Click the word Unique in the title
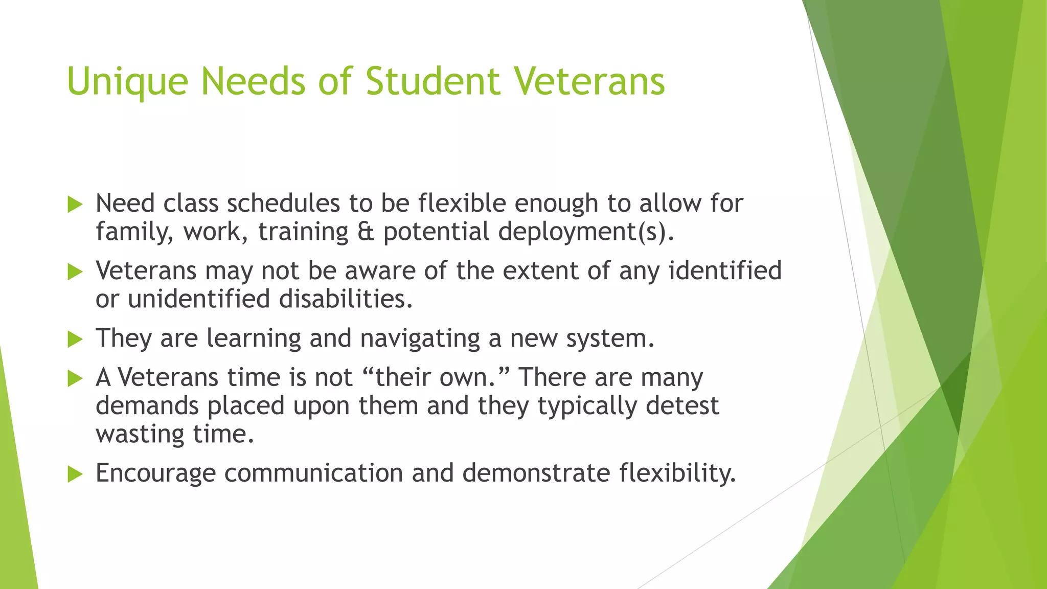[127, 82]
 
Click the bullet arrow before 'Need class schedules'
[75, 205]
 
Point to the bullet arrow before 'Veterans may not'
[75, 272]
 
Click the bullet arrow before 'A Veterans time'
[75, 379]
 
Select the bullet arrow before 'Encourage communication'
[75, 474]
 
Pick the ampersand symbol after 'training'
[366, 232]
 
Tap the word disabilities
[346, 299]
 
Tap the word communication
[313, 473]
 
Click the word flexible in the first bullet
[462, 203]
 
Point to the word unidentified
[199, 299]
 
